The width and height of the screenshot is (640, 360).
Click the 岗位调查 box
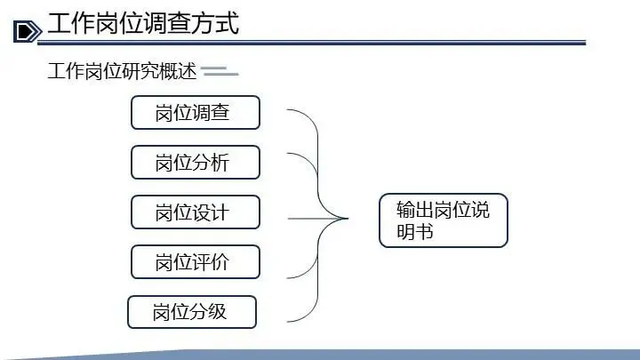[196, 113]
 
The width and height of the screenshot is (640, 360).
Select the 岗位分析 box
[196, 163]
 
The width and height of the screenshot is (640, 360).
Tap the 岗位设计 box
[196, 212]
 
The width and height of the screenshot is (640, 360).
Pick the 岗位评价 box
[196, 262]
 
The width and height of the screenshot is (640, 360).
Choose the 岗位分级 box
[192, 312]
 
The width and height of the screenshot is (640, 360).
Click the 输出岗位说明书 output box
[443, 220]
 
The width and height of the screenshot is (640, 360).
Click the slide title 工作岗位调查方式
[142, 24]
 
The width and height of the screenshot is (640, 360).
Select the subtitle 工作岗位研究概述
[122, 72]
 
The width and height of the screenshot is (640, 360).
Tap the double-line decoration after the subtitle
[220, 72]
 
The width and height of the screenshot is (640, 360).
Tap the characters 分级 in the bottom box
[208, 312]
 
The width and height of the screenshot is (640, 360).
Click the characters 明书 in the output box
[415, 232]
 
